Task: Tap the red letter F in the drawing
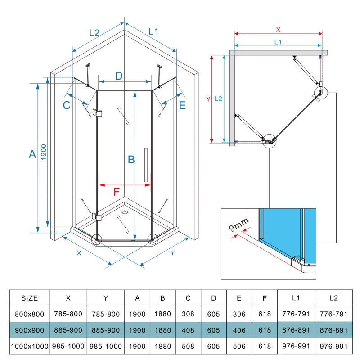(x=116, y=192)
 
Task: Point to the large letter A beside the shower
(x=32, y=154)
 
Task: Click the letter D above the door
(x=118, y=76)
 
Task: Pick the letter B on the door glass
(x=131, y=159)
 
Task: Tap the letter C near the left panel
(x=67, y=106)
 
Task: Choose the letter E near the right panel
(x=182, y=106)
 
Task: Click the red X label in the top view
(x=278, y=30)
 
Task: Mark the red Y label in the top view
(x=207, y=99)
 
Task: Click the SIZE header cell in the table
(x=30, y=298)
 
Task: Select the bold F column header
(x=264, y=298)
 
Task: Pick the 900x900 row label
(x=30, y=330)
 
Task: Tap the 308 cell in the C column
(x=189, y=314)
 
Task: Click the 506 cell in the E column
(x=239, y=346)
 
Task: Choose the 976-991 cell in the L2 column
(x=333, y=346)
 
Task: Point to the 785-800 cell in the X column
(x=68, y=314)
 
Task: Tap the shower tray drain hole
(x=124, y=211)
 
